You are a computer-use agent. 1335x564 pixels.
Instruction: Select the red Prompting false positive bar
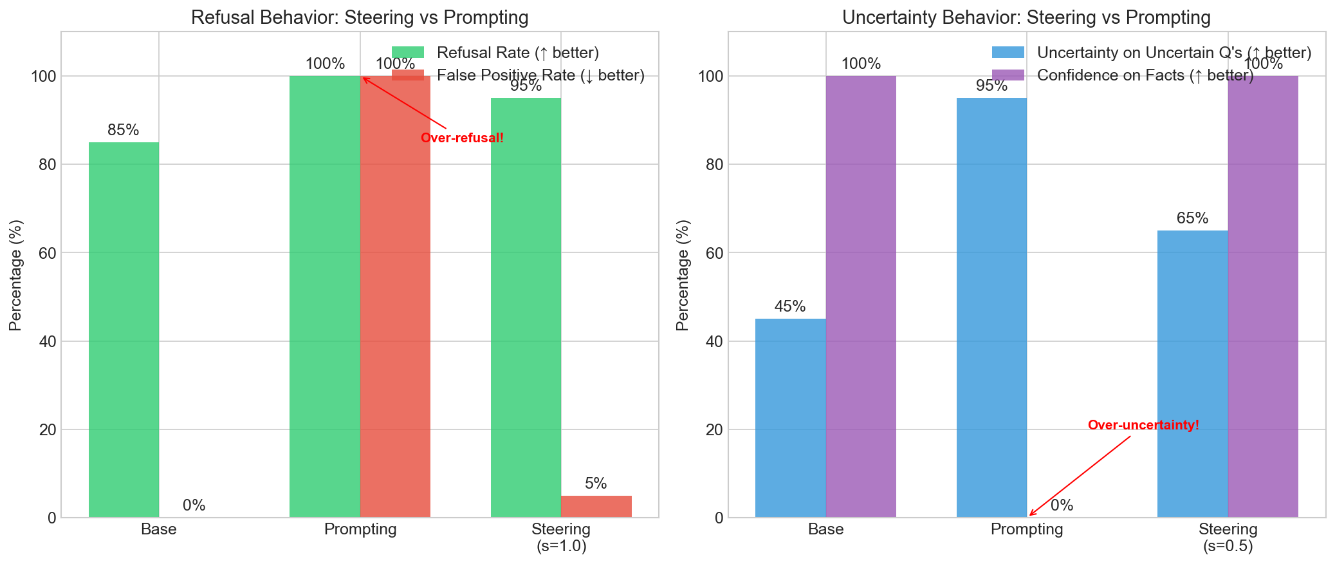pyautogui.click(x=395, y=296)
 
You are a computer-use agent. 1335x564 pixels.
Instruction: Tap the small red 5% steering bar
pyautogui.click(x=596, y=506)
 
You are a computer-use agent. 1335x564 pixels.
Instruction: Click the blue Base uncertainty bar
pyautogui.click(x=790, y=418)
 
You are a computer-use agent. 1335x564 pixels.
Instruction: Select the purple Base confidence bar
pyautogui.click(x=861, y=296)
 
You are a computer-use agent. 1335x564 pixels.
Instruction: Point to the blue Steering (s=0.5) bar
pyautogui.click(x=1192, y=373)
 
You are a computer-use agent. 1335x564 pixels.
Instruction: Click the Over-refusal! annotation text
pyautogui.click(x=462, y=138)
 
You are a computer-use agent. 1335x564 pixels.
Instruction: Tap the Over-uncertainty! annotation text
pyautogui.click(x=1143, y=425)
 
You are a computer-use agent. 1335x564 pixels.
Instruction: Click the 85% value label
pyautogui.click(x=124, y=130)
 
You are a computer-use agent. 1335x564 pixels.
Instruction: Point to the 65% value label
pyautogui.click(x=1192, y=218)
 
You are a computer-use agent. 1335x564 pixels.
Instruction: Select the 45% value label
pyautogui.click(x=790, y=306)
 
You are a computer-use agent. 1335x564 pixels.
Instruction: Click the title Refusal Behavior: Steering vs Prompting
pyautogui.click(x=360, y=17)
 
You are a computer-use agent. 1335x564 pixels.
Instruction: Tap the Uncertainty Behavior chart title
pyautogui.click(x=1026, y=17)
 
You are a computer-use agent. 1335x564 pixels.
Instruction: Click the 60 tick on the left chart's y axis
pyautogui.click(x=48, y=253)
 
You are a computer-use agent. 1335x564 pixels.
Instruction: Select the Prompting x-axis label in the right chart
pyautogui.click(x=1027, y=530)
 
